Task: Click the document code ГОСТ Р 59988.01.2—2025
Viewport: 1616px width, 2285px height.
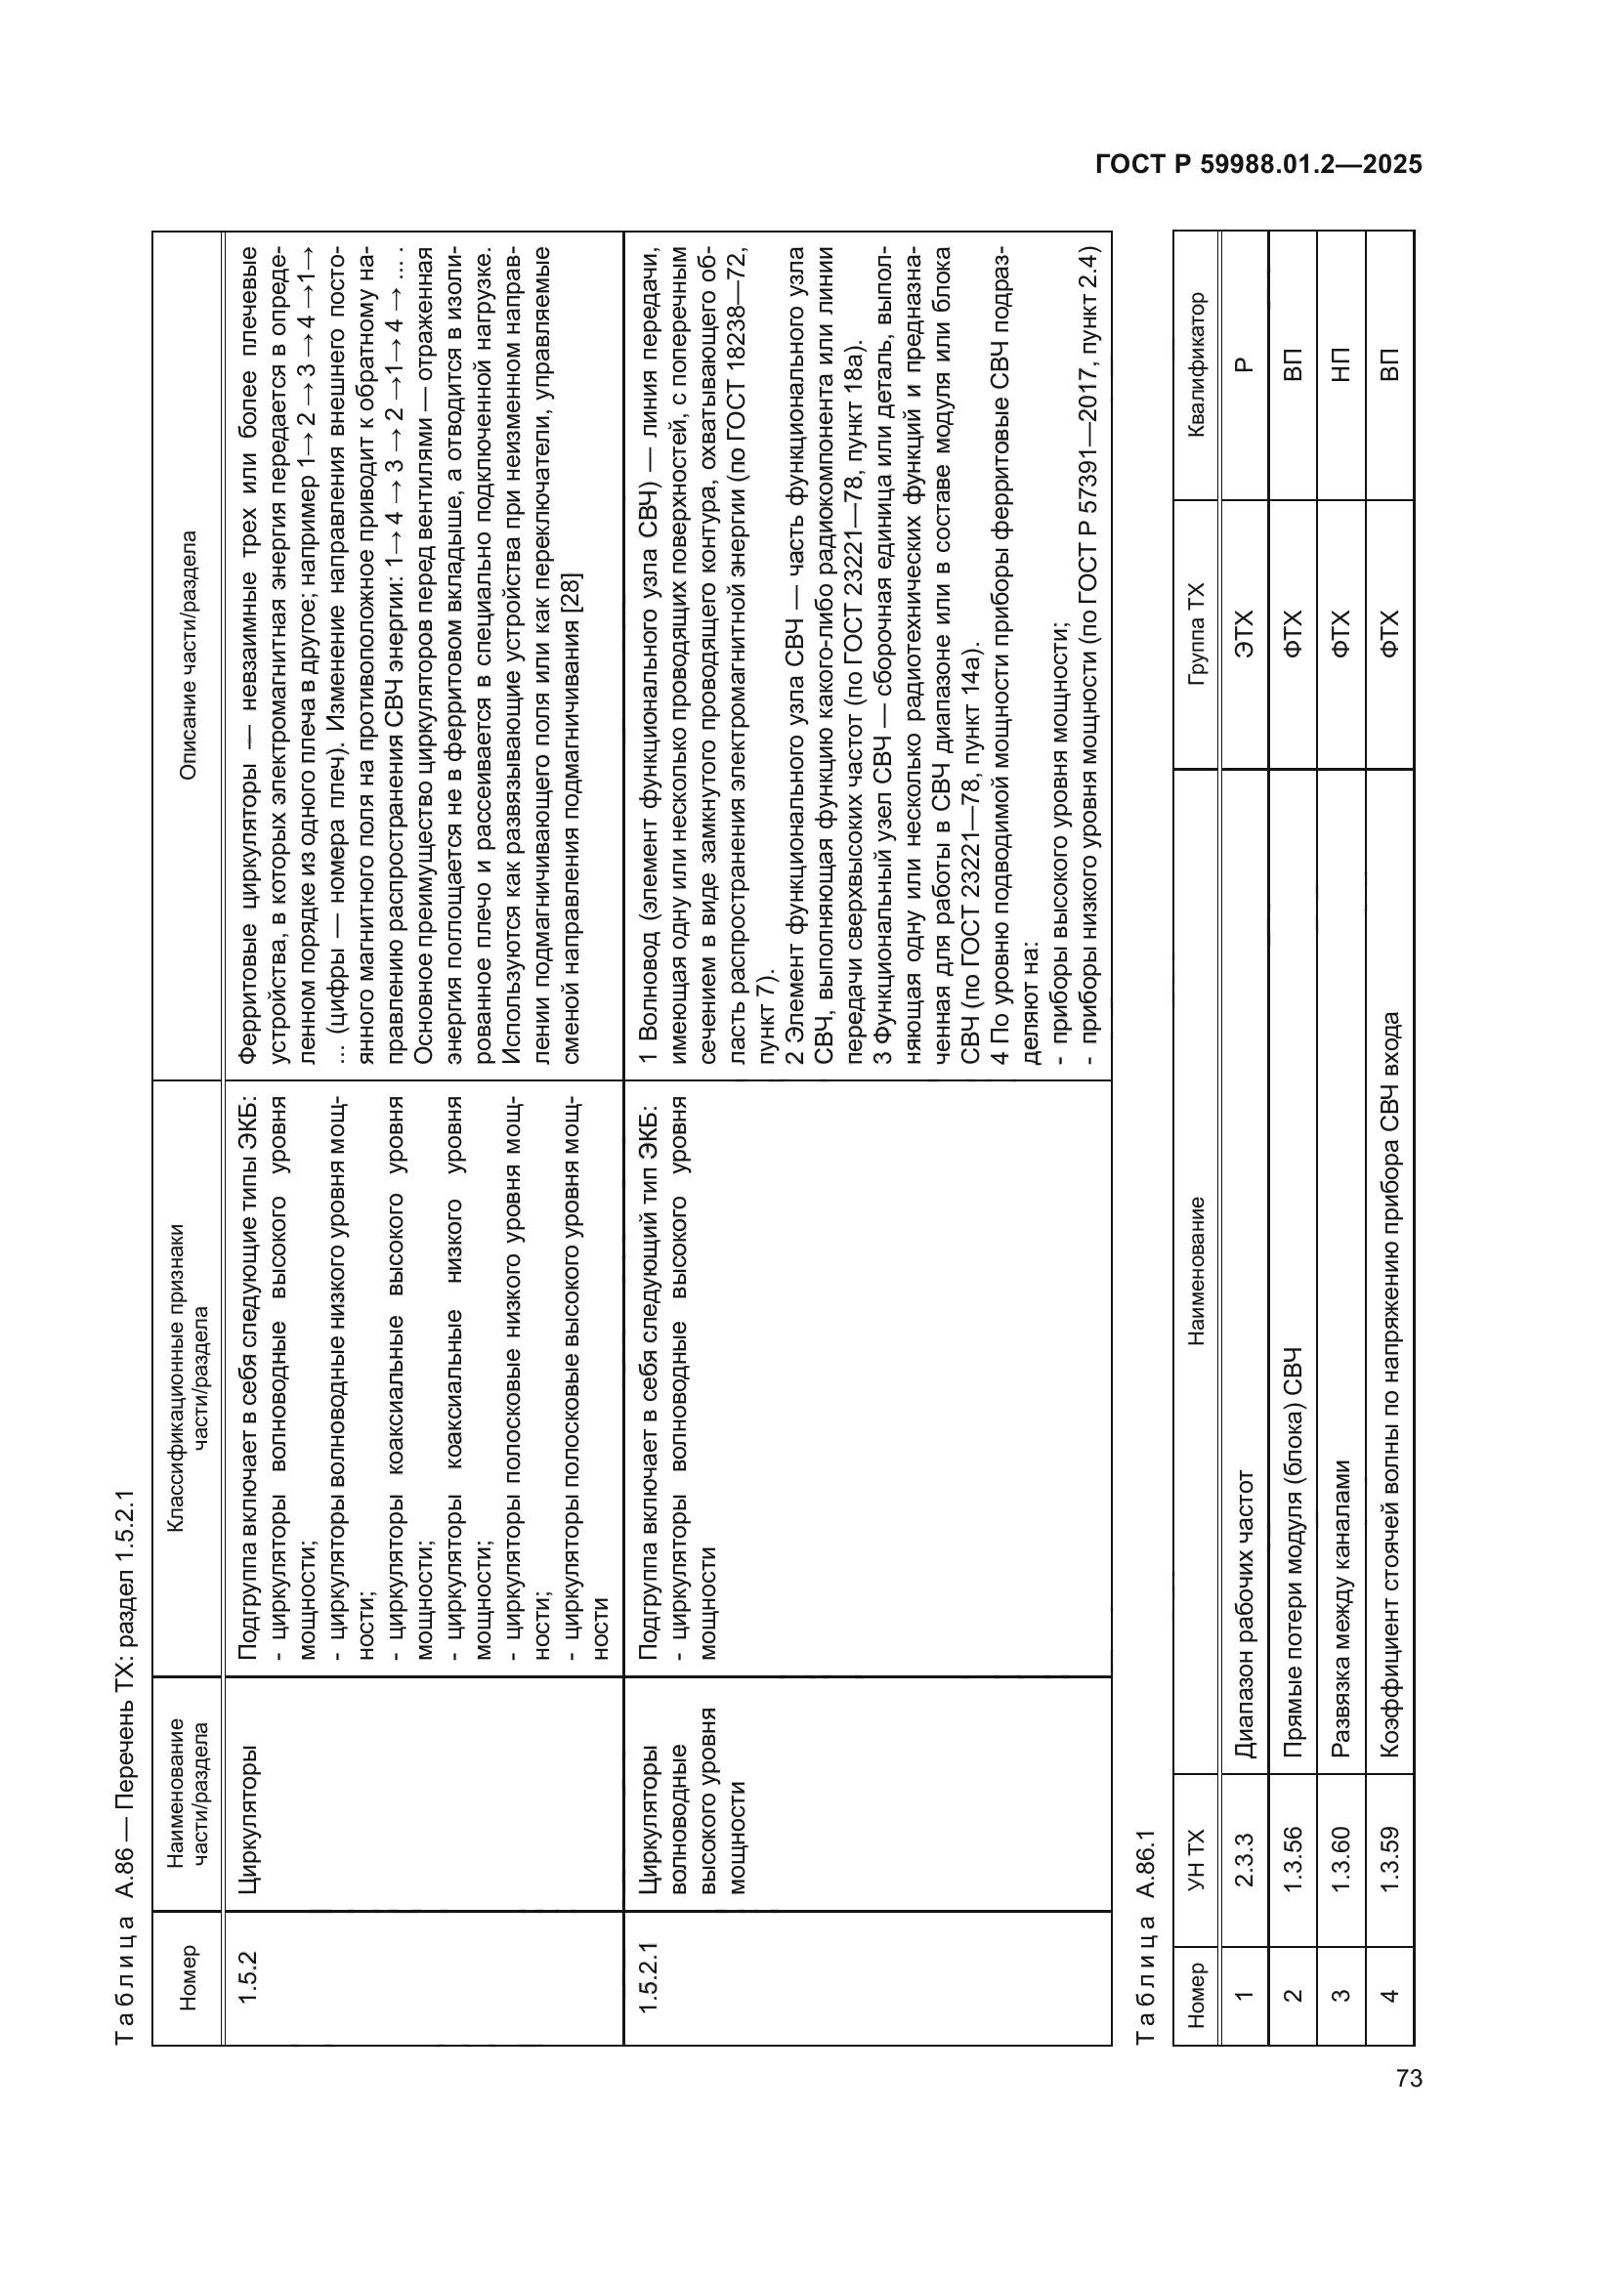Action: pyautogui.click(x=1257, y=165)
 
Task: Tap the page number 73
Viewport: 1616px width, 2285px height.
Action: pyautogui.click(x=1409, y=2078)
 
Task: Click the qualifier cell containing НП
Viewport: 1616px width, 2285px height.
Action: pyautogui.click(x=1341, y=364)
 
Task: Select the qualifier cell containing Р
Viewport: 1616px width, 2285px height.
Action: pyautogui.click(x=1244, y=364)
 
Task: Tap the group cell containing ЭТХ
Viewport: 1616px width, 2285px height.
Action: pyautogui.click(x=1244, y=633)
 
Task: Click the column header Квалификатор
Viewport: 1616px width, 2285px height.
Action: pyautogui.click(x=1196, y=364)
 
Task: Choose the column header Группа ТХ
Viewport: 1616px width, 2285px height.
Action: pyautogui.click(x=1196, y=633)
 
